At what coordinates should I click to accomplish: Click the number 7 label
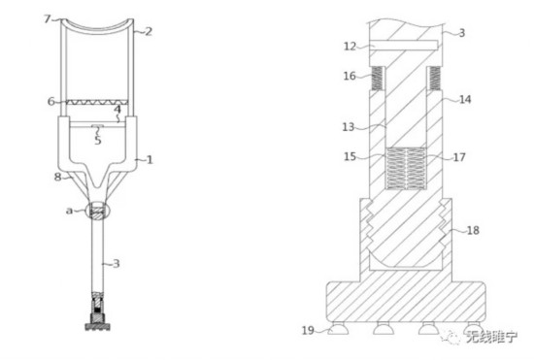pyautogui.click(x=48, y=18)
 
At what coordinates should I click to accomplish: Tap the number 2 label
pyautogui.click(x=149, y=32)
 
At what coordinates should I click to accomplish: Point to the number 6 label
pyautogui.click(x=51, y=101)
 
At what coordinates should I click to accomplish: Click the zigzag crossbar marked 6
pyautogui.click(x=97, y=102)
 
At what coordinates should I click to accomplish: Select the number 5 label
pyautogui.click(x=98, y=140)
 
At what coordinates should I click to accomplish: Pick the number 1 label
pyautogui.click(x=150, y=159)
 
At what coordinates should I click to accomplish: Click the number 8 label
pyautogui.click(x=58, y=177)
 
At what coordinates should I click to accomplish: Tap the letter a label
pyautogui.click(x=69, y=211)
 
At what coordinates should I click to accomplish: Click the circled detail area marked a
pyautogui.click(x=98, y=211)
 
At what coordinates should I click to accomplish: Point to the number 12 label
pyautogui.click(x=350, y=47)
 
